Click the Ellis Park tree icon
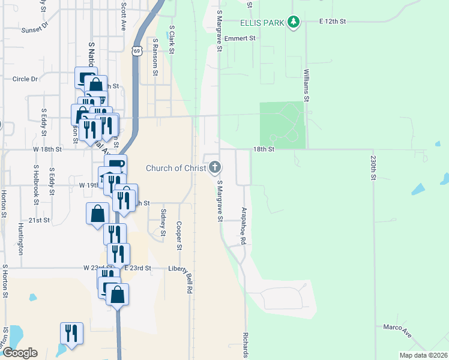(293, 23)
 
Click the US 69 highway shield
(137, 52)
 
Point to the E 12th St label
(333, 22)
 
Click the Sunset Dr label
(34, 29)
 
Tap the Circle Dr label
(25, 79)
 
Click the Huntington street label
(21, 237)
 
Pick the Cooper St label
(179, 235)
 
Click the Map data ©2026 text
(423, 355)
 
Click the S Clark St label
(172, 40)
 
